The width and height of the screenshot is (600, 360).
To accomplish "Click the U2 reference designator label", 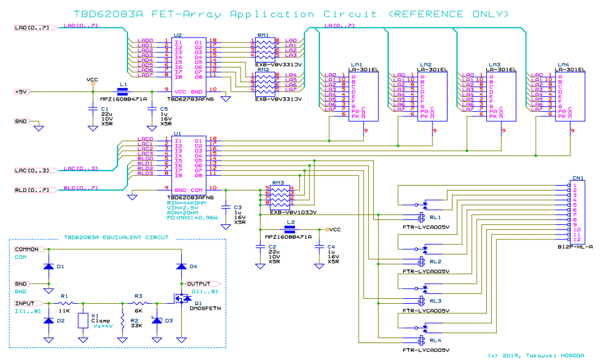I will tap(178, 35).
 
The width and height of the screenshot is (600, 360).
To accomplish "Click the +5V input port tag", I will tap(23, 91).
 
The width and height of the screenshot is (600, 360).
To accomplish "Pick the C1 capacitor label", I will tap(104, 109).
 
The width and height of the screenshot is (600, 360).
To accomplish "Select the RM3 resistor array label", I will tap(277, 182).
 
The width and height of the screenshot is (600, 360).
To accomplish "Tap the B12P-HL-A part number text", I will tap(573, 247).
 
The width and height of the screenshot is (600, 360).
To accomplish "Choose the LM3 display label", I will tap(494, 64).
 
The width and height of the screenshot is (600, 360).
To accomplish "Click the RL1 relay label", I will tap(435, 217).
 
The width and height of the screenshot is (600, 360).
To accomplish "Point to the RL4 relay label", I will tap(435, 340).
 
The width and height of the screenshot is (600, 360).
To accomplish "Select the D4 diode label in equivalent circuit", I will tap(192, 267).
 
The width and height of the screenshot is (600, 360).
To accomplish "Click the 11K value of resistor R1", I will tap(64, 311).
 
